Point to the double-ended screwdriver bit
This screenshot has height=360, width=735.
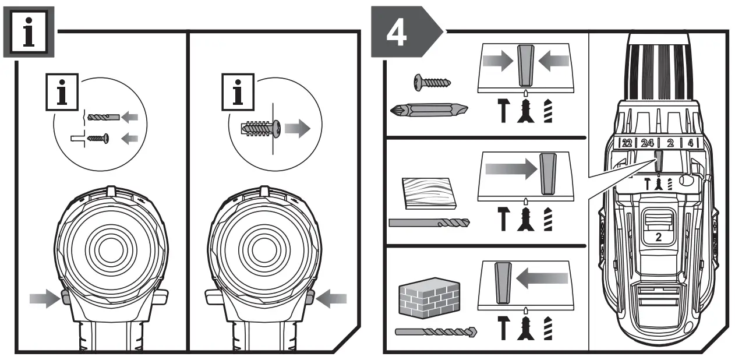pos(429,109)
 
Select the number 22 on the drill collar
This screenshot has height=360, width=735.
pos(626,142)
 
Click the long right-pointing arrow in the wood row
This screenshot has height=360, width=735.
pos(509,169)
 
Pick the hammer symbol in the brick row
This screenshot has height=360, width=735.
pos(503,329)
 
